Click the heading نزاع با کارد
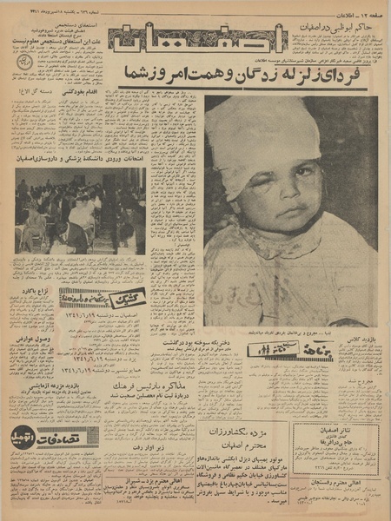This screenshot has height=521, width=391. (x=35, y=290)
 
